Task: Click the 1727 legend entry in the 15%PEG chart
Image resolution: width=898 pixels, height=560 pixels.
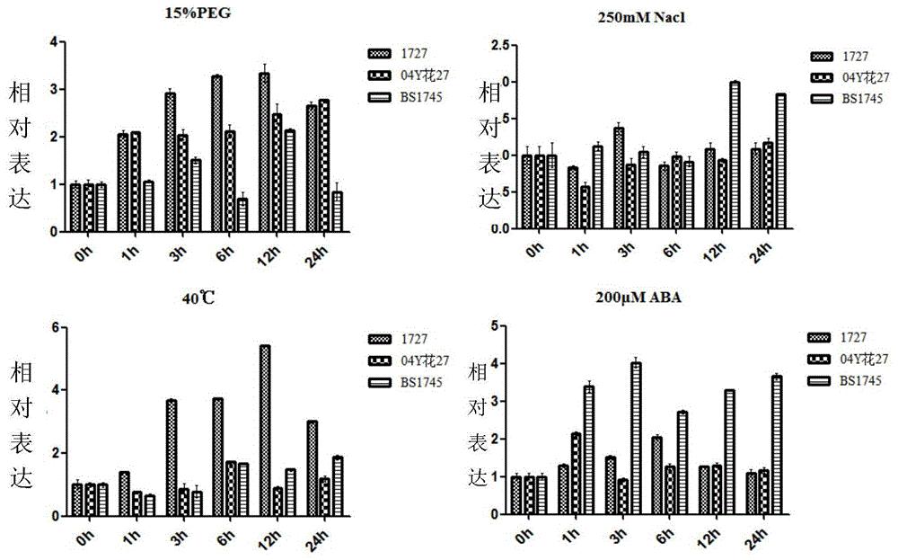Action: tap(404, 55)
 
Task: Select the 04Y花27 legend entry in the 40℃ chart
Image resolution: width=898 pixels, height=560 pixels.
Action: tap(409, 360)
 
